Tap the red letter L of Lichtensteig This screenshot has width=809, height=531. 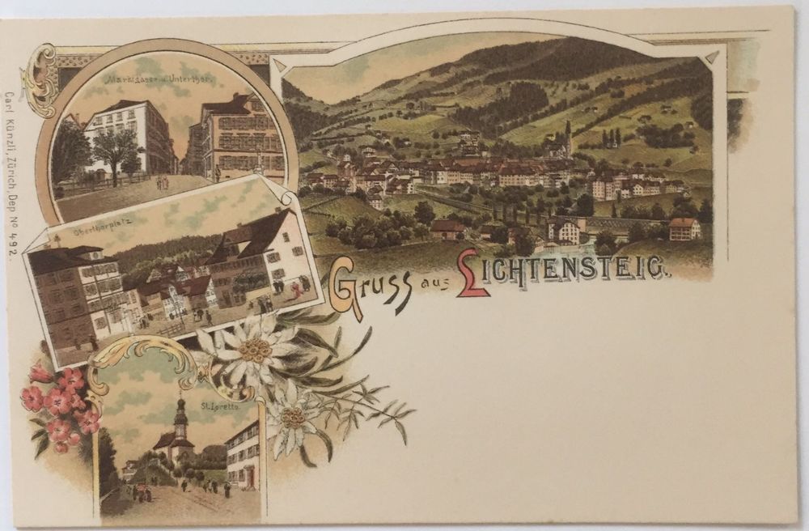472,273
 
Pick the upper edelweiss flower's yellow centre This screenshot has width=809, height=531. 255,350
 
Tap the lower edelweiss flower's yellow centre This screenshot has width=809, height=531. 292,418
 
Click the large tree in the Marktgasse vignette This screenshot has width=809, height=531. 116,150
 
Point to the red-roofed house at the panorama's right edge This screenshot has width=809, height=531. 684,227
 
